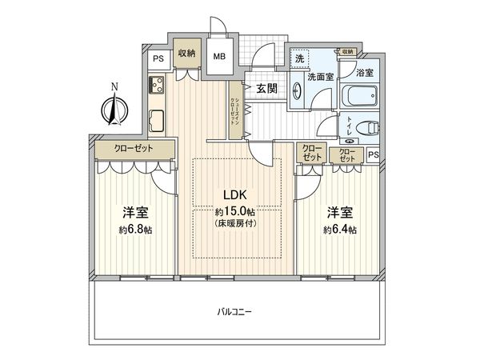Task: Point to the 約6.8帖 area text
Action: pyautogui.click(x=134, y=230)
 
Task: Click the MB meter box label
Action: pyautogui.click(x=218, y=57)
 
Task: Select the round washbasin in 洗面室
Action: pyautogui.click(x=298, y=90)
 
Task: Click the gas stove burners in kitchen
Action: pyautogui.click(x=154, y=84)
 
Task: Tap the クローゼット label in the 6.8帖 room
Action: pyautogui.click(x=134, y=150)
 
